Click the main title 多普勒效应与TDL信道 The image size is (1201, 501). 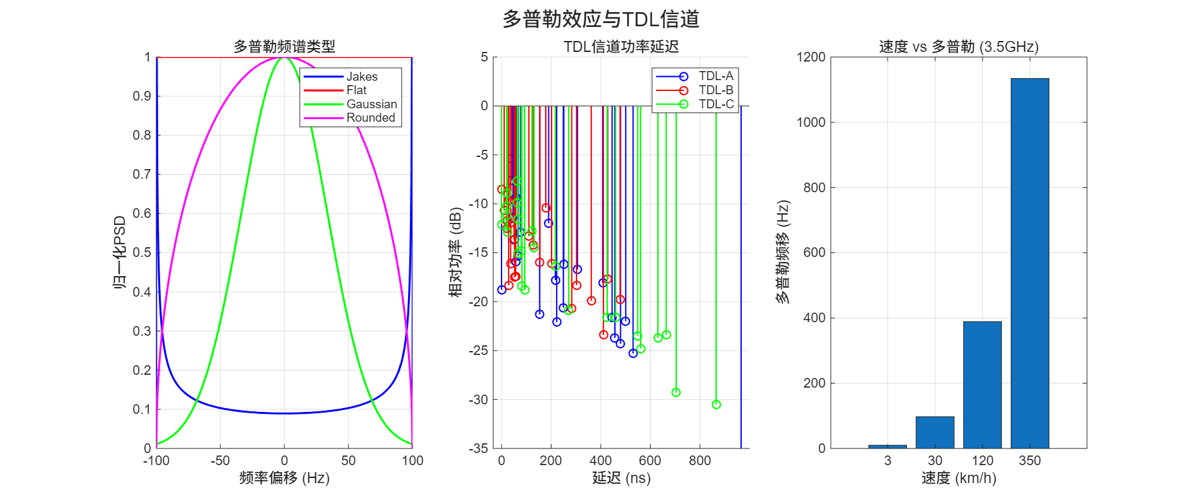[x=600, y=19]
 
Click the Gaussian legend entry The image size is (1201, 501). [x=350, y=104]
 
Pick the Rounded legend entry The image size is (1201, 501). [x=349, y=118]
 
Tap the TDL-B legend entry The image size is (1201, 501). [x=694, y=90]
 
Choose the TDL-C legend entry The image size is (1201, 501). [x=694, y=104]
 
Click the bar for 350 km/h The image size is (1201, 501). [x=1029, y=263]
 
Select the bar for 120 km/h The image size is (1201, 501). [x=982, y=385]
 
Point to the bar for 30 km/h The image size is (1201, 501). [x=935, y=432]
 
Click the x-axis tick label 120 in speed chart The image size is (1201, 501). [x=982, y=461]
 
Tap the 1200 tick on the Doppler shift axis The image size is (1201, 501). [x=810, y=57]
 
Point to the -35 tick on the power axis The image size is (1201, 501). [x=478, y=448]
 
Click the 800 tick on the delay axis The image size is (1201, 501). [x=699, y=461]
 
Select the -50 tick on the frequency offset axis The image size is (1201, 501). [x=220, y=461]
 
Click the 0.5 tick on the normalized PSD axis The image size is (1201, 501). [x=142, y=252]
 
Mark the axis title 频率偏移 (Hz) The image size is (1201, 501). [x=284, y=478]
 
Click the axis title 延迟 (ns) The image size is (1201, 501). [x=621, y=478]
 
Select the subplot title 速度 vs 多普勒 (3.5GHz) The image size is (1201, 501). [x=958, y=47]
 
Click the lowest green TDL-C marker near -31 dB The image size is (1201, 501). [x=716, y=405]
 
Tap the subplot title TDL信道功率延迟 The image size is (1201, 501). [x=621, y=47]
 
